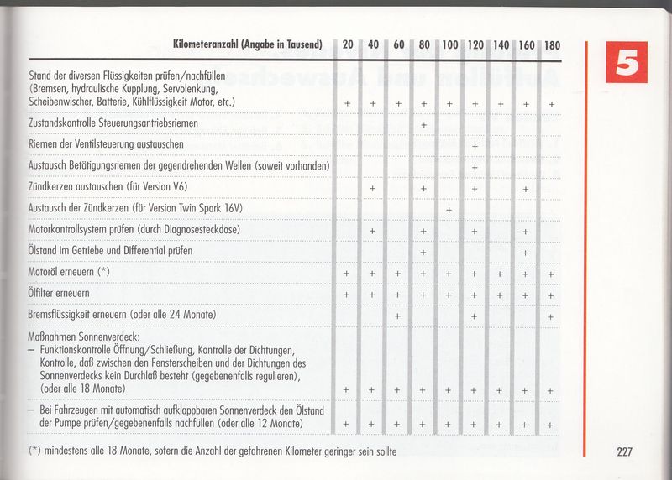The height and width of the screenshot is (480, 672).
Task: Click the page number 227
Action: click(623, 452)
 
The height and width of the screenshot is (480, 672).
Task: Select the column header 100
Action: click(449, 44)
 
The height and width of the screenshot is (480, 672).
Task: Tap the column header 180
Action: click(551, 44)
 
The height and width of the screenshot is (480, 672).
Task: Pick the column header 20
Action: click(347, 44)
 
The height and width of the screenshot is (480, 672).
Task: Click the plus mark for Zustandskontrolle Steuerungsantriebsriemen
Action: click(423, 125)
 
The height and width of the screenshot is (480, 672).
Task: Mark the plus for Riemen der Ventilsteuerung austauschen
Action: click(475, 146)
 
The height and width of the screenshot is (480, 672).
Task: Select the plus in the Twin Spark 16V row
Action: click(449, 209)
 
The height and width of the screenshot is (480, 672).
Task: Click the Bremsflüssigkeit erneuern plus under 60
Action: click(398, 316)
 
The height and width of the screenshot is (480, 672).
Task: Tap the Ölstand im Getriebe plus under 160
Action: click(526, 252)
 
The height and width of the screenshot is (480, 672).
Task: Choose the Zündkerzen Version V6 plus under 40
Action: click(372, 189)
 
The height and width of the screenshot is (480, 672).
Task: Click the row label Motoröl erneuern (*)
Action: click(69, 273)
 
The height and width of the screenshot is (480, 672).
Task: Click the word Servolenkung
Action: click(184, 89)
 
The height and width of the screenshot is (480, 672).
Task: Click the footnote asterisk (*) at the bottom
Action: click(34, 451)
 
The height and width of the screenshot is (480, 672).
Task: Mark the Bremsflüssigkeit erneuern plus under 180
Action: click(551, 316)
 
